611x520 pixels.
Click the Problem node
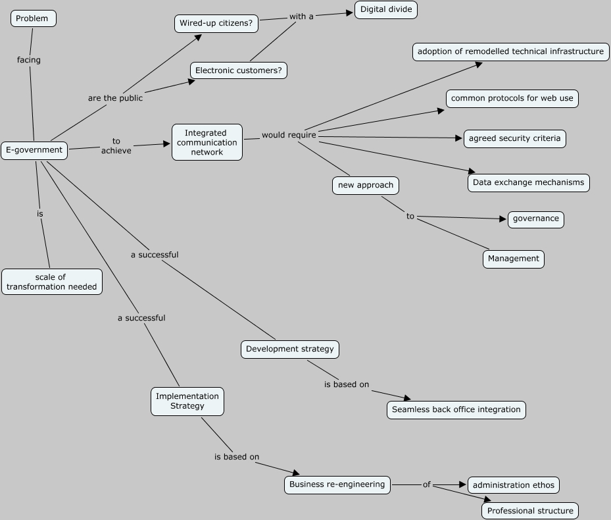click(33, 18)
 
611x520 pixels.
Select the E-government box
click(34, 150)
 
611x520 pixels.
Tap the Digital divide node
click(386, 10)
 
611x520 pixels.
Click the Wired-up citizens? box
click(216, 24)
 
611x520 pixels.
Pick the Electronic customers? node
click(239, 70)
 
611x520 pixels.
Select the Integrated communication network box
click(207, 142)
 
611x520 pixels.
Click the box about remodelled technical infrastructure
click(510, 51)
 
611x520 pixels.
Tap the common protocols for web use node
click(512, 99)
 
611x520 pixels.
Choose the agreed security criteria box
click(515, 139)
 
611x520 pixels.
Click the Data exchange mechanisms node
click(529, 182)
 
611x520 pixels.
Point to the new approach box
click(366, 186)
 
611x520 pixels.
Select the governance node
click(536, 219)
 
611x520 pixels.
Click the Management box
click(514, 259)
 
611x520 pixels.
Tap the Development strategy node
click(290, 349)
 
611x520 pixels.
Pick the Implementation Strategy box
click(187, 401)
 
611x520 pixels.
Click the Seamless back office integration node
click(456, 409)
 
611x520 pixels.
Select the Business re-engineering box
click(337, 485)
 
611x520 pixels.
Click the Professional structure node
click(530, 511)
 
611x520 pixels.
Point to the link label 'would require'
click(289, 135)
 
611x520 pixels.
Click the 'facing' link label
click(29, 60)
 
